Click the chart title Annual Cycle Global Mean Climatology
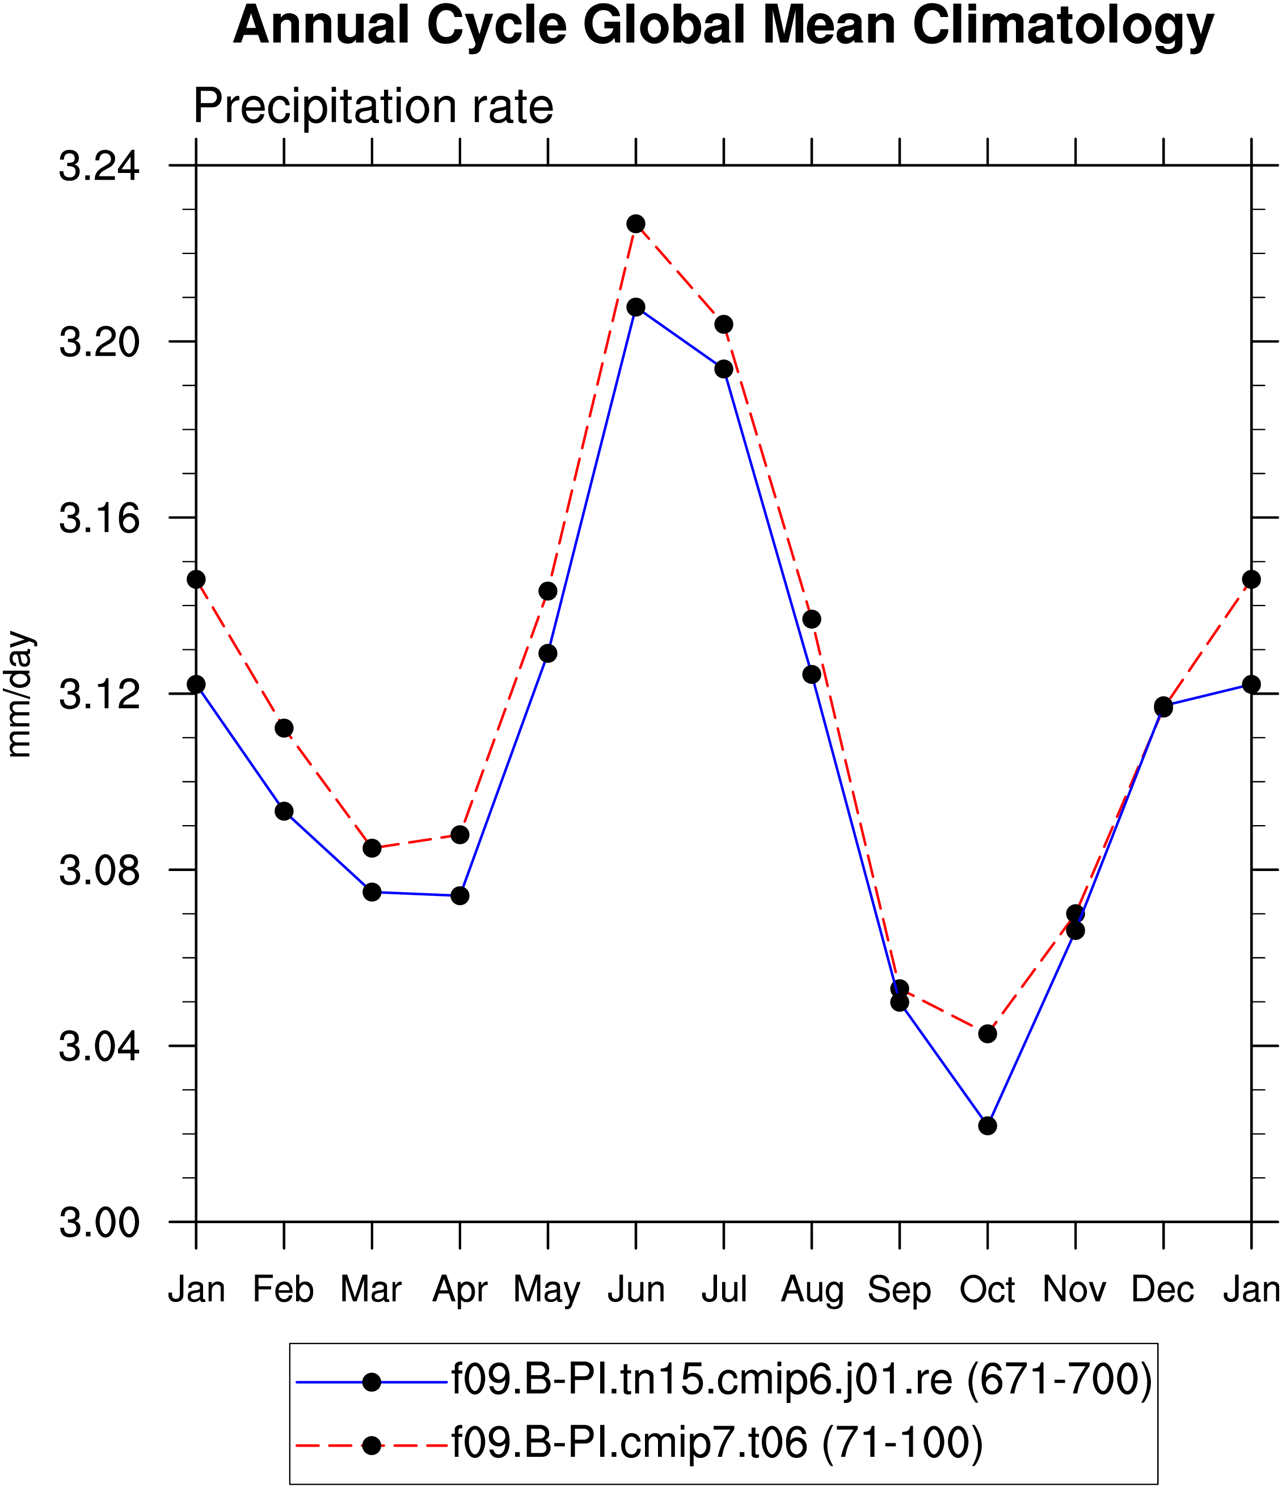pos(723,26)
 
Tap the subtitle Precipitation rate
pos(373,108)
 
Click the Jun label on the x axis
pos(636,1290)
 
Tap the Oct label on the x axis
pos(988,1290)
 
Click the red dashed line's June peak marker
pos(636,224)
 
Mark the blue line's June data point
pos(636,307)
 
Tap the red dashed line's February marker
pos(284,728)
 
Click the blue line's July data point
pos(724,369)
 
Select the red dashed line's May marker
pos(548,591)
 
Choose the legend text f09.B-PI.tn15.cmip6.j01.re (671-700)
pos(802,1380)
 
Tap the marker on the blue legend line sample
pos(372,1383)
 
